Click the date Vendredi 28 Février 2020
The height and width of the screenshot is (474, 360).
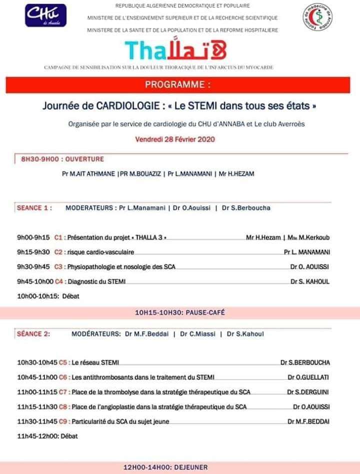point(174,140)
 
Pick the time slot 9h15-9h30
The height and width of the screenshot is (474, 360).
point(33,252)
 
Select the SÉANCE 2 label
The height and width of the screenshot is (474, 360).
point(33,334)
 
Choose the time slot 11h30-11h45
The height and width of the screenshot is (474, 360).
point(37,421)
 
